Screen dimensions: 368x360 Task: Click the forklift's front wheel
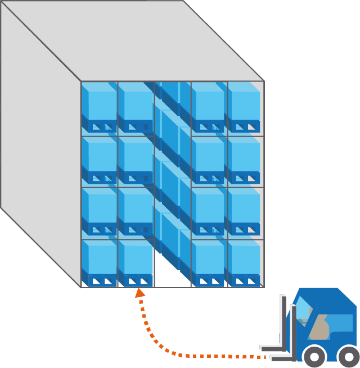point(314,356)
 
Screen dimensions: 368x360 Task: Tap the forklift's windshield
point(304,308)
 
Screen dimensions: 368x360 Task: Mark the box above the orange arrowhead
point(135,258)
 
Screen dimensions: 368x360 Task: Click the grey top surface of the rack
point(135,39)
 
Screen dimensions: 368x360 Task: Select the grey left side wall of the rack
point(39,146)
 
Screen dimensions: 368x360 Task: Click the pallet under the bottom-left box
point(100,280)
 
